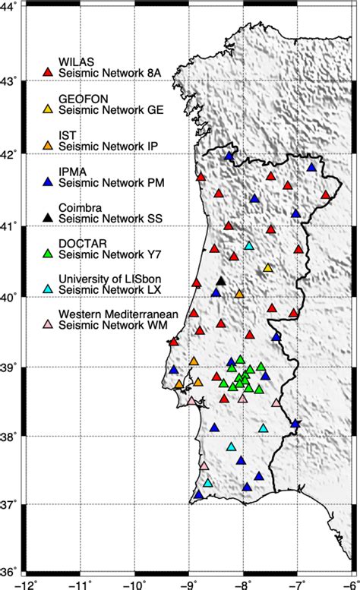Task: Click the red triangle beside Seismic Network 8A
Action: [47, 71]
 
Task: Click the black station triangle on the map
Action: [221, 281]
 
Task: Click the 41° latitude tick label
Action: [11, 226]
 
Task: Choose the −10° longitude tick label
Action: [135, 584]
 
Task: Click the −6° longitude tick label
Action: [349, 584]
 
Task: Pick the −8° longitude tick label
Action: [243, 584]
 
